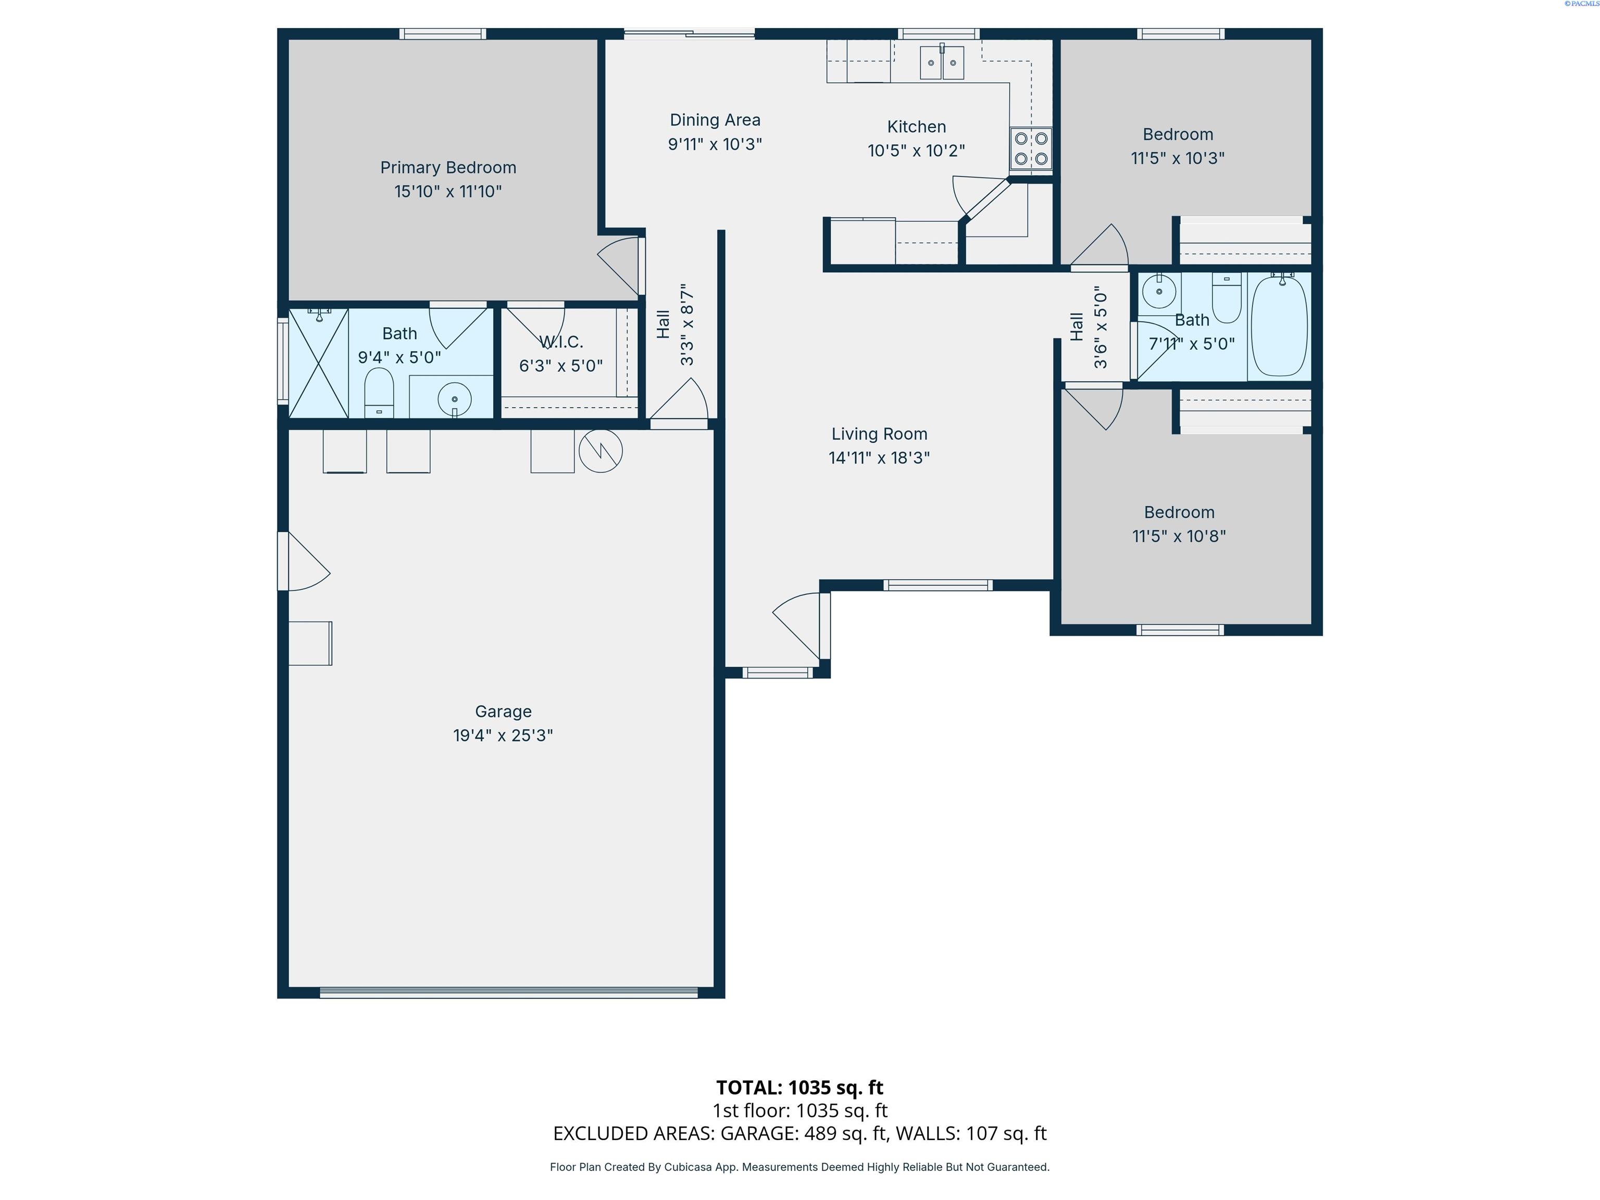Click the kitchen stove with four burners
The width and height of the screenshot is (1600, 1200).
pyautogui.click(x=1031, y=148)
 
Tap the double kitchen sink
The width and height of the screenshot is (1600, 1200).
pyautogui.click(x=942, y=63)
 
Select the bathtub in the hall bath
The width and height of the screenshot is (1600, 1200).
pyautogui.click(x=1279, y=326)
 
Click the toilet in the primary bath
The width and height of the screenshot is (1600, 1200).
pyautogui.click(x=378, y=393)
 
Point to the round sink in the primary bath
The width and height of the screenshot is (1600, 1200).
pyautogui.click(x=454, y=398)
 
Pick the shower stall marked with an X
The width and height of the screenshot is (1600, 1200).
pyautogui.click(x=319, y=363)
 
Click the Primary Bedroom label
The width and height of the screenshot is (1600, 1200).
pyautogui.click(x=448, y=168)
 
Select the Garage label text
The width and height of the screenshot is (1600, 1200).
pyautogui.click(x=504, y=712)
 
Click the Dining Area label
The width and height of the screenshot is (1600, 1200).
pyautogui.click(x=715, y=120)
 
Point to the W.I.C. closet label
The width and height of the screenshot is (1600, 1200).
pyautogui.click(x=561, y=342)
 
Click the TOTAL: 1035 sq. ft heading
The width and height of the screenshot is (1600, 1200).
pyautogui.click(x=799, y=1087)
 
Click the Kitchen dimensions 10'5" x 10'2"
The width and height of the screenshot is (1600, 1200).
pyautogui.click(x=917, y=151)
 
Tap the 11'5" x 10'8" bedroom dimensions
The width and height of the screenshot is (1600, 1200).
pyautogui.click(x=1179, y=536)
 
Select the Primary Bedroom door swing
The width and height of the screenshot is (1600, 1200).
pyautogui.click(x=619, y=266)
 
